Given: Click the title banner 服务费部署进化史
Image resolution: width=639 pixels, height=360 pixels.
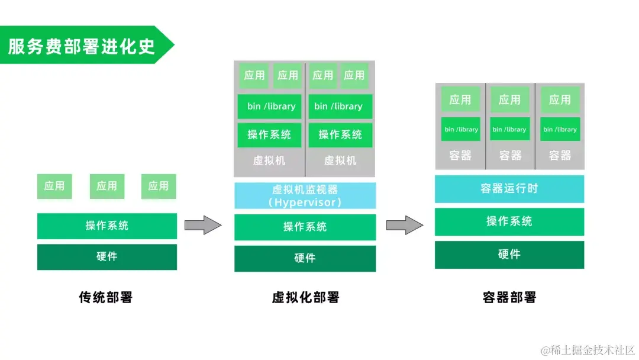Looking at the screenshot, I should click(x=83, y=46).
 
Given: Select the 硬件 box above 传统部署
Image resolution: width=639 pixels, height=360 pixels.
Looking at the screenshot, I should click(x=106, y=257).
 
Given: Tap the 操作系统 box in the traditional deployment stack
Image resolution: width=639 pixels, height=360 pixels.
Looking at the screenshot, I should click(x=106, y=226).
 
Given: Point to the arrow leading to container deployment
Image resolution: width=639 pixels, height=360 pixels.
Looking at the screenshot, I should click(x=405, y=225).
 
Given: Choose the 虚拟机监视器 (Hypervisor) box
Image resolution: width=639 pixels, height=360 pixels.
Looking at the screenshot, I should click(x=305, y=195).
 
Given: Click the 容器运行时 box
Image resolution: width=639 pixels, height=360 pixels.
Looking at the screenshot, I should click(x=509, y=189).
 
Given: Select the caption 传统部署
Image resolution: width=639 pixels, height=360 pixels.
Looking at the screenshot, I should click(x=106, y=297).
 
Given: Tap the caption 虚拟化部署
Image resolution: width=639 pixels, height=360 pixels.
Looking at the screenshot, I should click(x=305, y=297).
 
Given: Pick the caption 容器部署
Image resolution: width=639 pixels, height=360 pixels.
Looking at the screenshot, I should click(x=509, y=297).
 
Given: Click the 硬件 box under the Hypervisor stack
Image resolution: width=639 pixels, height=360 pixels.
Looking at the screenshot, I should click(x=305, y=258).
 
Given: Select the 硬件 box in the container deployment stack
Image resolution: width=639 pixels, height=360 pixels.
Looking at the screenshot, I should click(x=509, y=255).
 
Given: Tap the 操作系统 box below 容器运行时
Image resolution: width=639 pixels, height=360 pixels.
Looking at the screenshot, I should click(x=509, y=221).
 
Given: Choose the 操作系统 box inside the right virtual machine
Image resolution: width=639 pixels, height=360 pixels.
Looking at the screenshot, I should click(x=340, y=134).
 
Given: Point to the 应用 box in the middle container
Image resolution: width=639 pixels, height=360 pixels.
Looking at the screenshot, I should click(x=509, y=99).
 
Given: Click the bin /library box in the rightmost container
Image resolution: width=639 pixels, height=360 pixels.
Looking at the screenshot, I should click(x=560, y=129).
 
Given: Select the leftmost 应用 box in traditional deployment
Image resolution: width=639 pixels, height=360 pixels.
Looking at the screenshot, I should click(x=54, y=186).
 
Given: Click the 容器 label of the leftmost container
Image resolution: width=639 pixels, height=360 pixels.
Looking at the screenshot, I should click(x=460, y=156).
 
